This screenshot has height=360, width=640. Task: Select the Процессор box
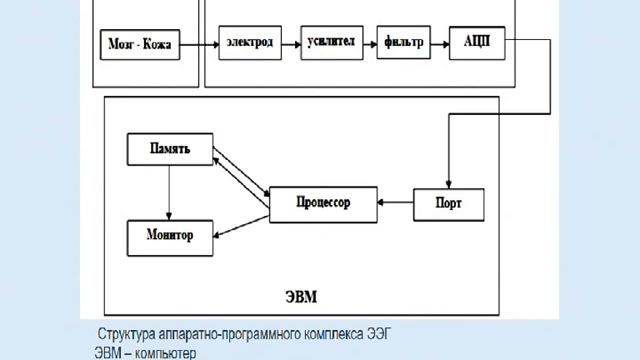[323, 202]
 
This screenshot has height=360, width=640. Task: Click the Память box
[170, 151]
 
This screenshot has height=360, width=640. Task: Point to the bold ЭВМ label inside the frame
[299, 298]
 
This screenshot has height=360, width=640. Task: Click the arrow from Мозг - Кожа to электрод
[199, 44]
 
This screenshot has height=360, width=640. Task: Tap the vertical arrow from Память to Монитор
[170, 194]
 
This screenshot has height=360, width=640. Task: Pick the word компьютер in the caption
[164, 352]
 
